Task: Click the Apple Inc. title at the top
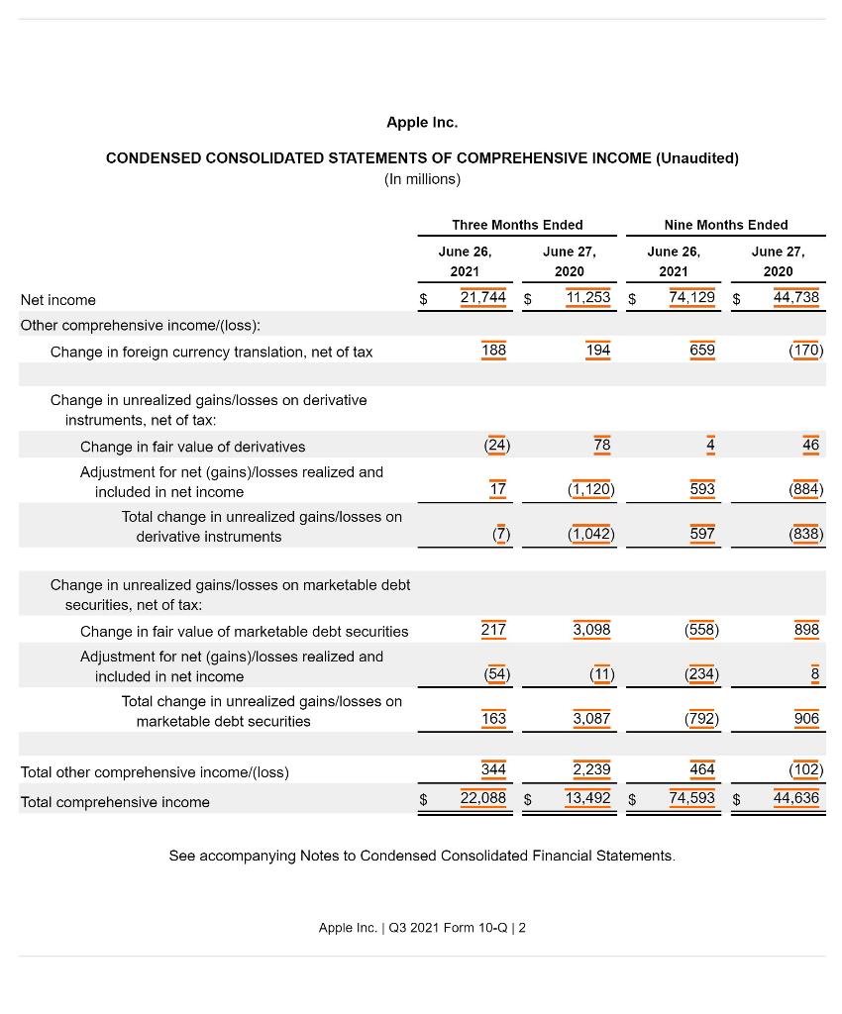coord(422,123)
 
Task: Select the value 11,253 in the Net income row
coord(587,297)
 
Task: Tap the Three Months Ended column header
coord(517,225)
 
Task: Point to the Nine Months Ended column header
coord(726,225)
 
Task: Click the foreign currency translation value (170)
coord(805,350)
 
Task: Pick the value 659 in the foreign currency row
coord(701,350)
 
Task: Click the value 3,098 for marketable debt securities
coord(591,630)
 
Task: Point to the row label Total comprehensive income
coord(115,802)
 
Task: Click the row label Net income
coord(58,300)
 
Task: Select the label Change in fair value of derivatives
coord(192,447)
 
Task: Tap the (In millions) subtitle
coord(422,179)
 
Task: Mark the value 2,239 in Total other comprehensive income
coord(591,769)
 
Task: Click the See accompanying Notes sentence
coord(422,856)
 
